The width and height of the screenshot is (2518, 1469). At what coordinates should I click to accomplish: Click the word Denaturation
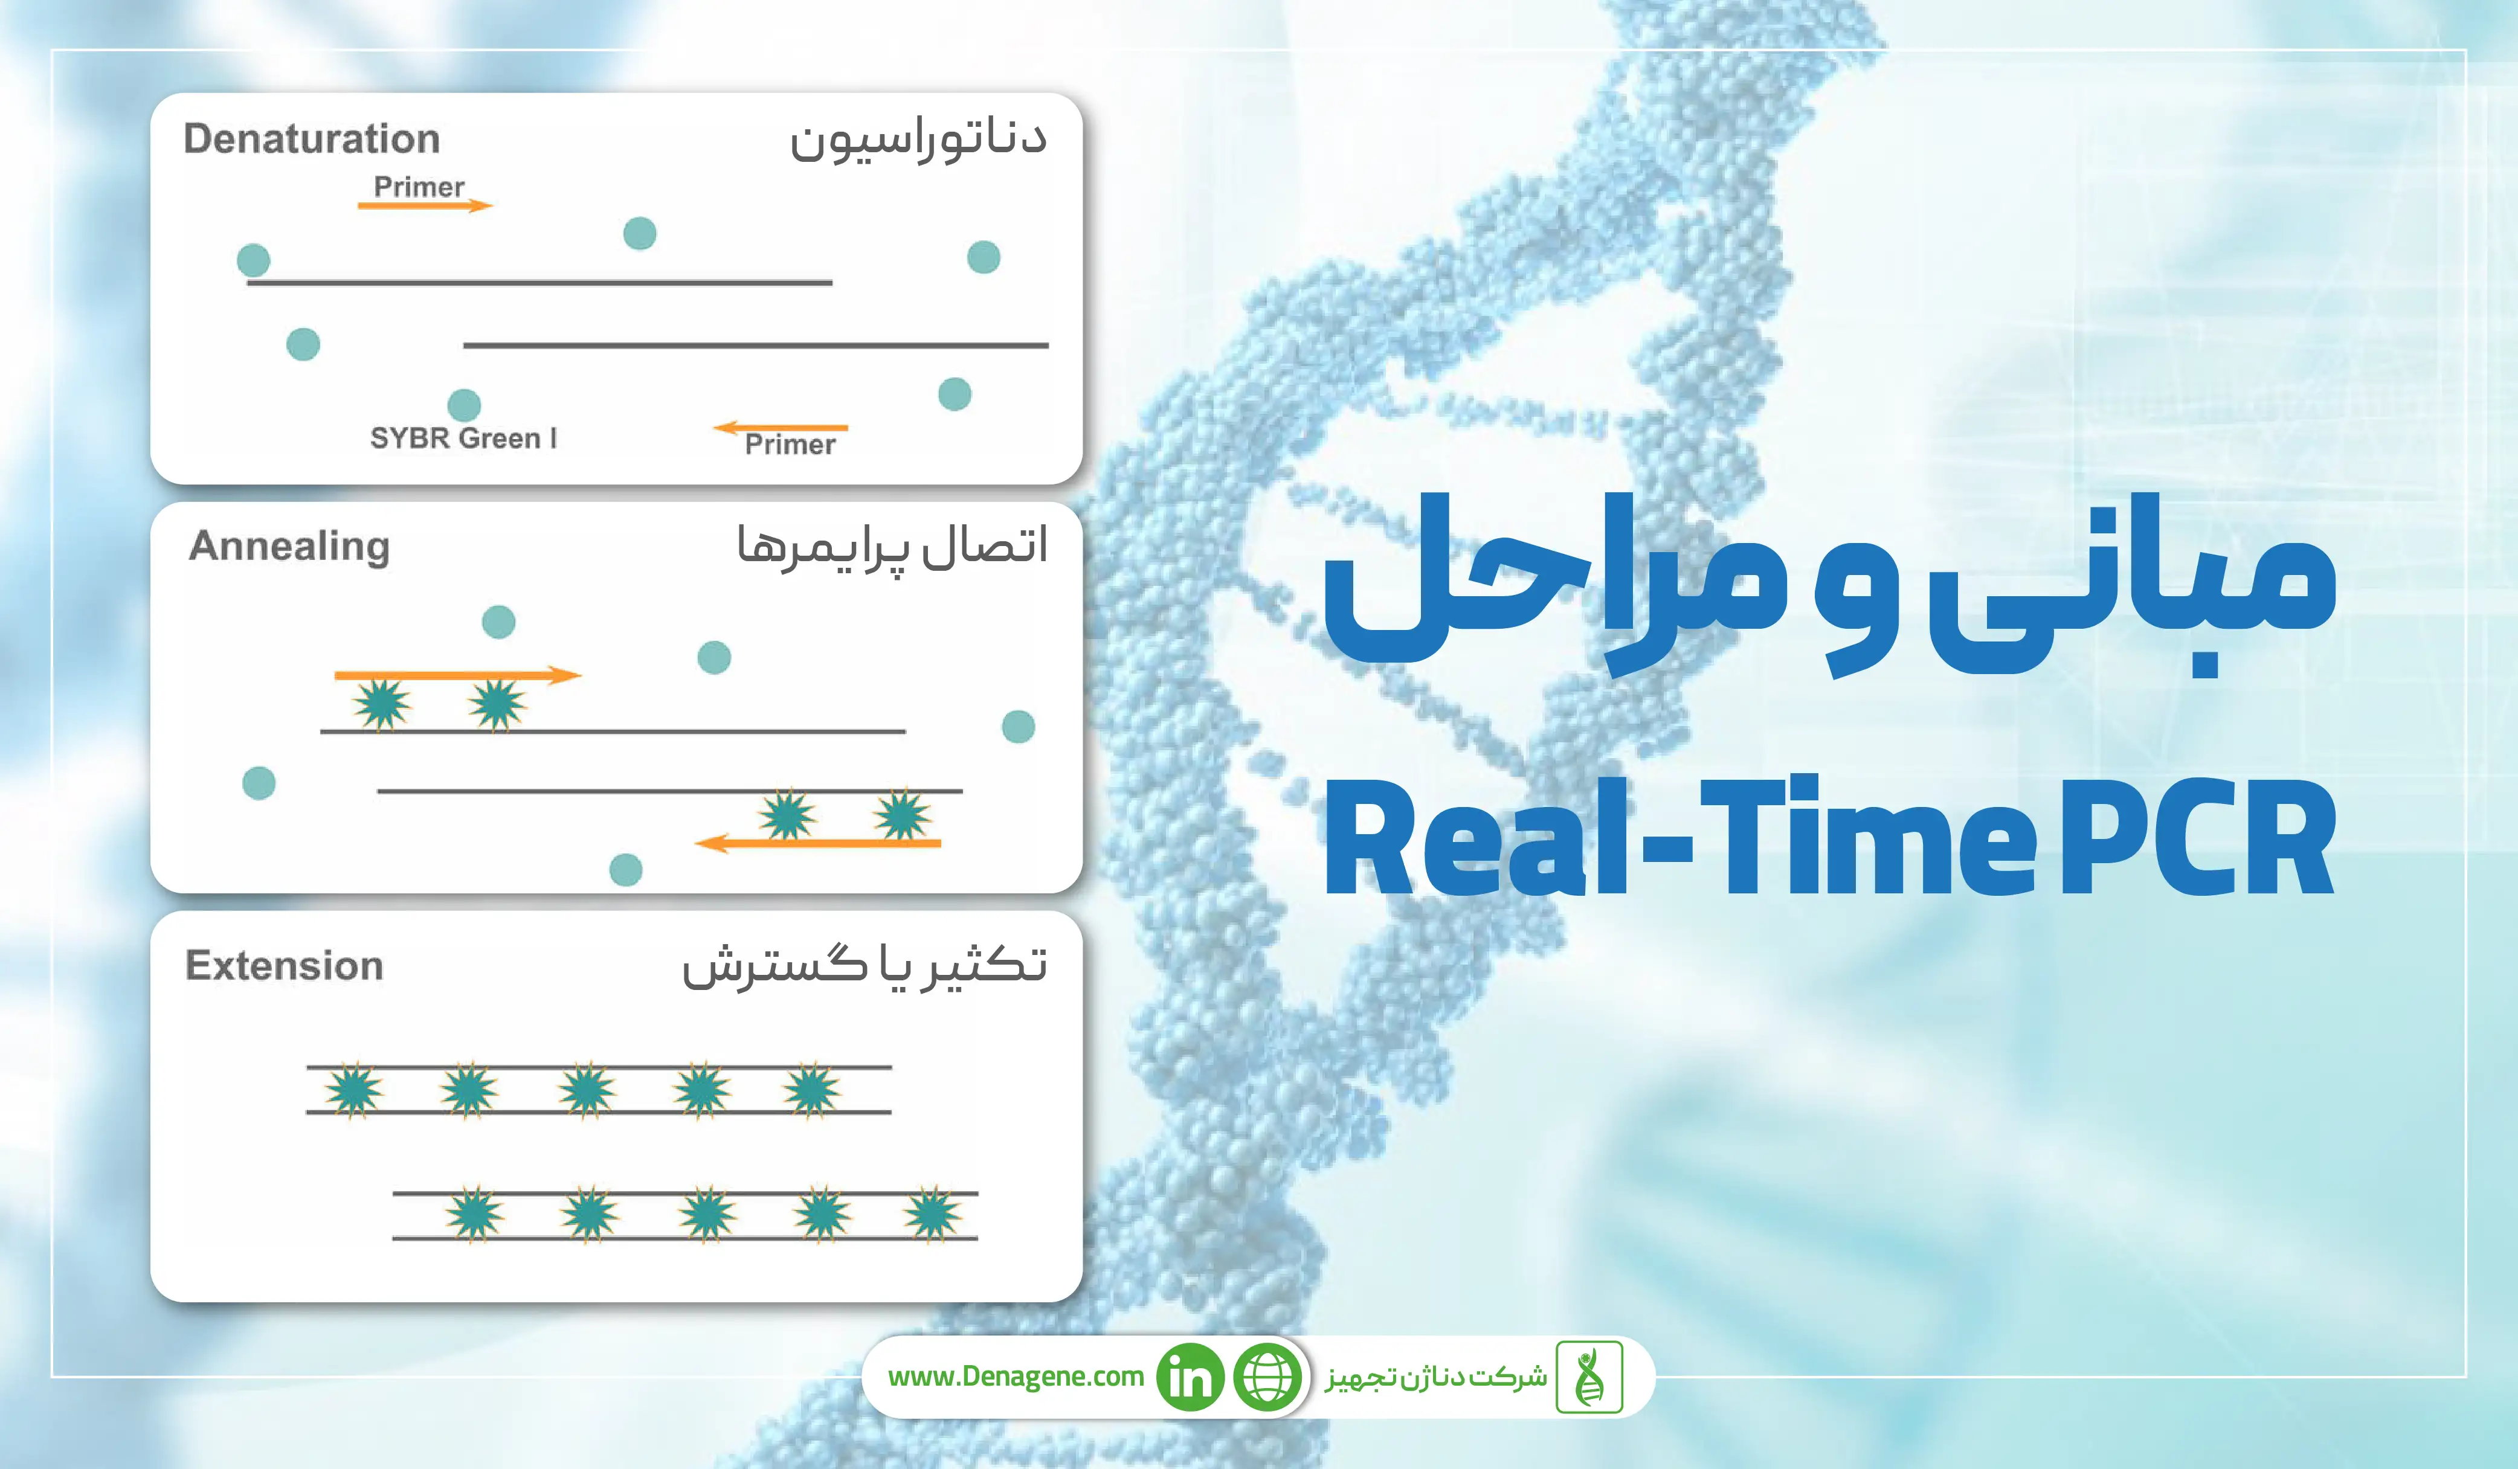point(312,139)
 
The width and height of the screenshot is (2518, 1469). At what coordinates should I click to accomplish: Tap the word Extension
point(285,965)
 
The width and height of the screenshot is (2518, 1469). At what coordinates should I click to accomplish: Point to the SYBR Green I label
point(463,438)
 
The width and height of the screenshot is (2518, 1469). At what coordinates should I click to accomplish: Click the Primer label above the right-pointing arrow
point(419,187)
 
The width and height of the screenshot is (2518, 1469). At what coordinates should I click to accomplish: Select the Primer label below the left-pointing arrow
point(790,445)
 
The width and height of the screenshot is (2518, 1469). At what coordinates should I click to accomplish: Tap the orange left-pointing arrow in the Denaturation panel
point(781,428)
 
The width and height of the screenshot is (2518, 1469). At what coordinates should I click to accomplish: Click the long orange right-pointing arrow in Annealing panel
point(458,675)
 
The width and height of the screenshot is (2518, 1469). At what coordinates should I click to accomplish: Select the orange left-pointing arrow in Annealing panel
point(817,843)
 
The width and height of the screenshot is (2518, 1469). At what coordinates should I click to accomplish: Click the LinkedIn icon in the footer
point(1190,1377)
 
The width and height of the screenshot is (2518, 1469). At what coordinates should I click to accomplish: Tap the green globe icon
point(1268,1377)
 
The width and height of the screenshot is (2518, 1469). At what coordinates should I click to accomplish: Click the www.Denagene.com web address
point(1015,1377)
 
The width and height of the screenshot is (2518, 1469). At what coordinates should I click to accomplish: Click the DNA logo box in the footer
point(1589,1377)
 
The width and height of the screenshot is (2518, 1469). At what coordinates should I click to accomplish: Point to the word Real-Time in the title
point(1679,837)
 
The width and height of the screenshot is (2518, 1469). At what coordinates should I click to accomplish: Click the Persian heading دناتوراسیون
point(918,140)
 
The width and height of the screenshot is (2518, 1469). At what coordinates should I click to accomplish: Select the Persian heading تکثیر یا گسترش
point(865,965)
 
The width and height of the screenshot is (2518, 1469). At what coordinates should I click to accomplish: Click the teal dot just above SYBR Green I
point(463,405)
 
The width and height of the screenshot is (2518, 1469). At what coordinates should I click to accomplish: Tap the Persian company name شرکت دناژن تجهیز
point(1436,1378)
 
